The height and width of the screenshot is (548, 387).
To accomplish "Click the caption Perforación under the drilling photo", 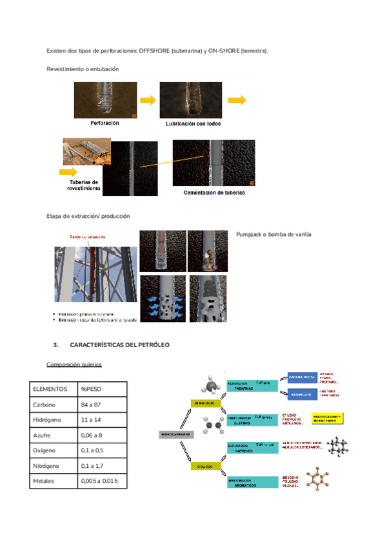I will click(x=104, y=123).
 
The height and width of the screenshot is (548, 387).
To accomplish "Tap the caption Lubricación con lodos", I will click(x=193, y=123).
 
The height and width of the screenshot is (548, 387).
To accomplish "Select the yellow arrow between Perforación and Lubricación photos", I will click(x=149, y=100).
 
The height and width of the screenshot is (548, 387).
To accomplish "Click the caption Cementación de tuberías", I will click(x=214, y=192).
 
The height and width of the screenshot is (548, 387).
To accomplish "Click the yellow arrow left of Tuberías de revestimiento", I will click(x=68, y=172).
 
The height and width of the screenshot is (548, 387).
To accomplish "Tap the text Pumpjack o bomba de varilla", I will click(x=273, y=234).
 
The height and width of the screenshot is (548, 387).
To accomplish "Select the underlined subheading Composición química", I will click(x=74, y=364).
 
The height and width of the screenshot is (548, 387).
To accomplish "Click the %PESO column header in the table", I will click(x=91, y=388).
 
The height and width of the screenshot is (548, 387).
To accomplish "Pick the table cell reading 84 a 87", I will click(x=92, y=404).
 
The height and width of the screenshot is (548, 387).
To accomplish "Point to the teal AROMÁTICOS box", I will click(x=252, y=482).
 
